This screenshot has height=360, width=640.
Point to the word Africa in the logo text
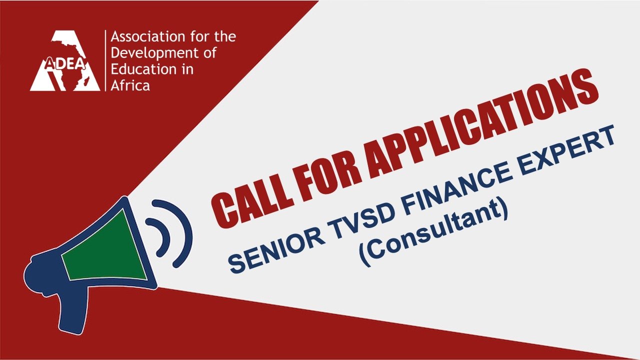click(x=130, y=85)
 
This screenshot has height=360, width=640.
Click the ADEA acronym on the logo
click(x=65, y=64)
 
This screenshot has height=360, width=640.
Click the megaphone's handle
click(x=73, y=309)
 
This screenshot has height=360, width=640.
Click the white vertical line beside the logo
click(x=105, y=60)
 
